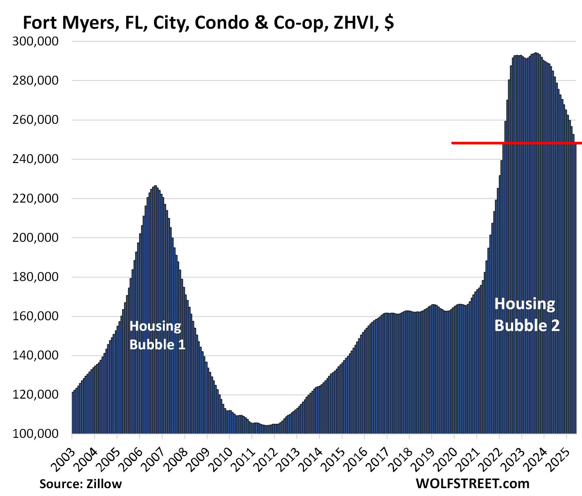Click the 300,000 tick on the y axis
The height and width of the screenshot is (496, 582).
35,41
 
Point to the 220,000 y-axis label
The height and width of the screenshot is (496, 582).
35,198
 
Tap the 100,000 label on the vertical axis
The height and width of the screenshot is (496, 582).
35,434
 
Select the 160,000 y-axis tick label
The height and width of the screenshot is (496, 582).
35,316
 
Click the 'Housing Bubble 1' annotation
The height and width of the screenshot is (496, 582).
157,335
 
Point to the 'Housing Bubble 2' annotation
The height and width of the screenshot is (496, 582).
527,315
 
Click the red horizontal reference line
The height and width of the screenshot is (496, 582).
516,143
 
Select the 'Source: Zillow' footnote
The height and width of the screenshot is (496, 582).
81,484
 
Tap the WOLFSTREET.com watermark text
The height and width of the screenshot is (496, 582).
472,484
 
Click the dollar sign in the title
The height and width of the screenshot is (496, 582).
389,23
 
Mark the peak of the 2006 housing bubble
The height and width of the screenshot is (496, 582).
155,186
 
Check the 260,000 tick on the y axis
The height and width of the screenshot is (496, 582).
35,120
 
